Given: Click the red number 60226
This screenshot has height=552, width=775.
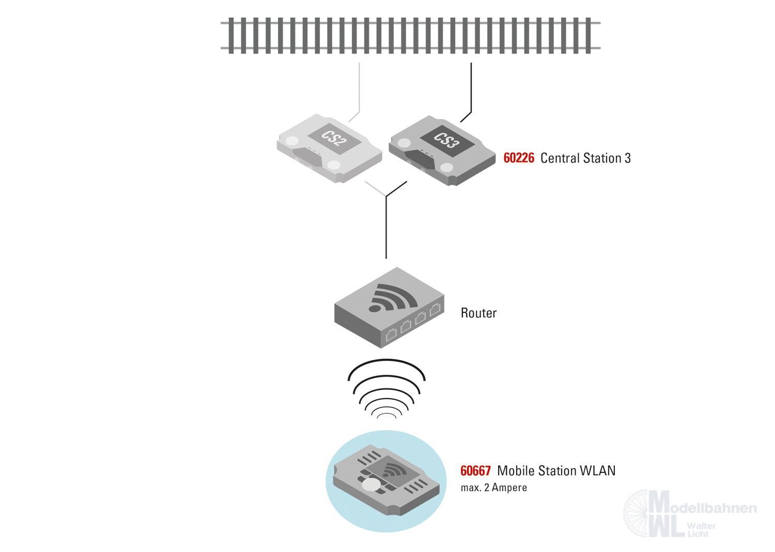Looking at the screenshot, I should click(x=519, y=158).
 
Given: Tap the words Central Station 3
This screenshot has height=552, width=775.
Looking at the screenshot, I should click(x=585, y=158).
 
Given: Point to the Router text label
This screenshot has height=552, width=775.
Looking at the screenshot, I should click(x=478, y=313).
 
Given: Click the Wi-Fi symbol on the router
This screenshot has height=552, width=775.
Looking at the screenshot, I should click(x=393, y=298).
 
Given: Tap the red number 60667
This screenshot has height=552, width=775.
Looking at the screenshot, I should click(x=475, y=471).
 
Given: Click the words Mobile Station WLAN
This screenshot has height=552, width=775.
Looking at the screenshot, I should click(x=556, y=471).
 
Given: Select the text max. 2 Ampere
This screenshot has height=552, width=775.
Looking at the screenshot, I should click(x=493, y=487).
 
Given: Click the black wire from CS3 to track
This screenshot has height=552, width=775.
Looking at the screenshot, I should click(x=471, y=88).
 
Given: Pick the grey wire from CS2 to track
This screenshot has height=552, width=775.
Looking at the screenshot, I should click(x=359, y=88).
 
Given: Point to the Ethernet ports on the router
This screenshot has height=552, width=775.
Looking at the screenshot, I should click(x=413, y=323).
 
